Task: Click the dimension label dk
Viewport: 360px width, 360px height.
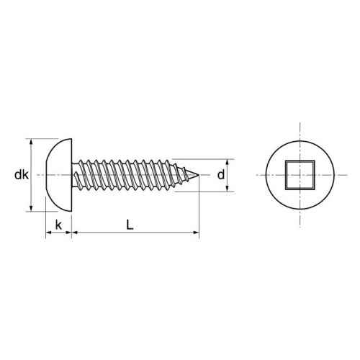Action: [19, 175]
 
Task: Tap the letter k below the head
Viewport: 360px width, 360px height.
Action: [58, 225]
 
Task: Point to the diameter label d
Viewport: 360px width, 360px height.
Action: [222, 175]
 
